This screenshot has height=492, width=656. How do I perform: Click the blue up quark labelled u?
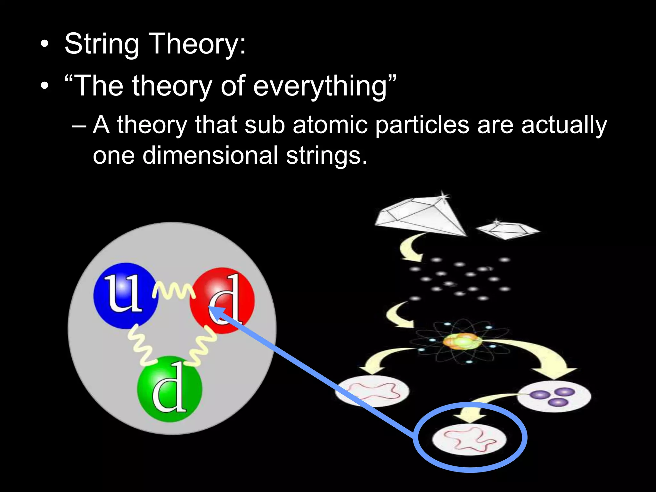[x=125, y=296]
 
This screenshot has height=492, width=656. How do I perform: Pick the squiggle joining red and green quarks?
[x=202, y=348]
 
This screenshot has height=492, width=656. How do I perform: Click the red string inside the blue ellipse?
[x=469, y=439]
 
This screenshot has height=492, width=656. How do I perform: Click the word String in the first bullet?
[x=102, y=44]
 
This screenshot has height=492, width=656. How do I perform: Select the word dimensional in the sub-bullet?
[x=210, y=155]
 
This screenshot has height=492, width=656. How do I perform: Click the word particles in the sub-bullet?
[x=422, y=125]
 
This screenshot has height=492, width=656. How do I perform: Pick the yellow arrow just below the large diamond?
[x=410, y=247]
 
